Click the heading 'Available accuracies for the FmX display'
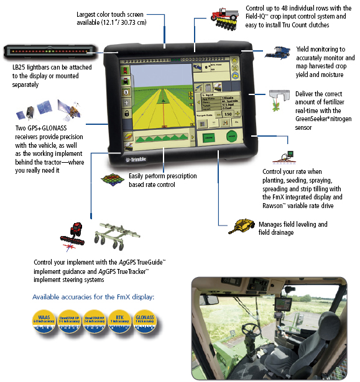click(93, 296)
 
